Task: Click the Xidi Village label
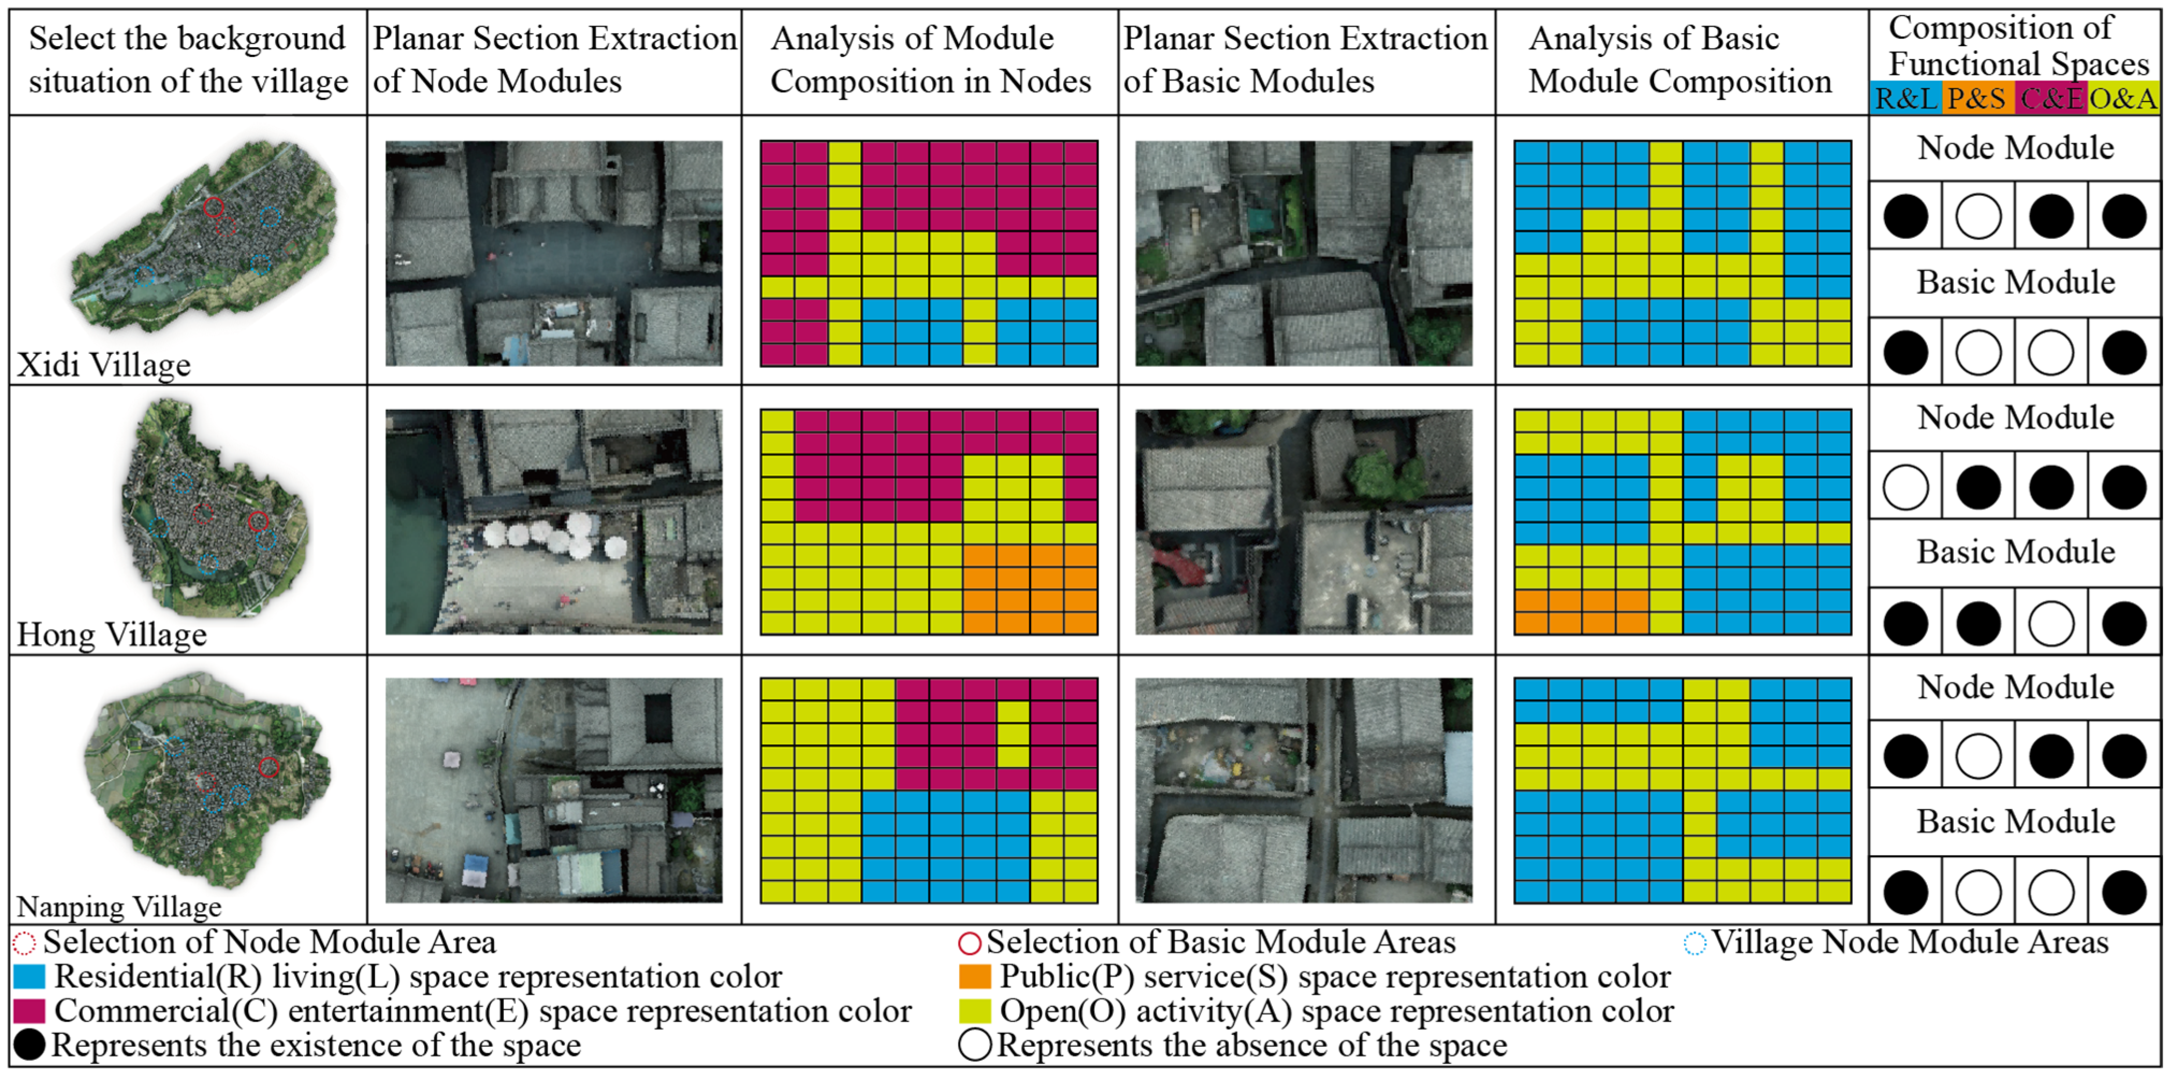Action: tap(104, 365)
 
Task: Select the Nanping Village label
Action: tap(119, 907)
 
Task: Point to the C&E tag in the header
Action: tap(2051, 99)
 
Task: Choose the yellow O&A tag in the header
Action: tap(2123, 99)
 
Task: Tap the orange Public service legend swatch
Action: tap(975, 977)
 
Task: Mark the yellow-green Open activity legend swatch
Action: tap(975, 1011)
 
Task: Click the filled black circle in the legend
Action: tap(28, 1045)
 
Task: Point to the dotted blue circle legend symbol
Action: tap(1694, 943)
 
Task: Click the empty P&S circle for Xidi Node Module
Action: tap(1978, 217)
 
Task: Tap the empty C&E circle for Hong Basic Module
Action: tap(2051, 624)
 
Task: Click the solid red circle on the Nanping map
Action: tap(269, 767)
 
